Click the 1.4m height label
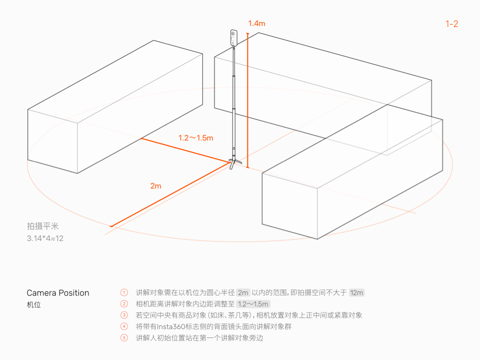[256, 23]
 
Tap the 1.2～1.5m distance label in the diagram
[196, 138]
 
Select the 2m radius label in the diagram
[156, 186]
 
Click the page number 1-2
[452, 24]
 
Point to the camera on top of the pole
[233, 37]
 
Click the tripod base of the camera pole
[234, 162]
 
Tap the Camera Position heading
[58, 293]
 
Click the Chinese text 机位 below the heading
[33, 305]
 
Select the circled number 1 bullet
[124, 292]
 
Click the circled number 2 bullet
[124, 304]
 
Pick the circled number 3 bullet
[124, 315]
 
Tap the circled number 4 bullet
[124, 326]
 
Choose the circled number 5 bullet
[124, 338]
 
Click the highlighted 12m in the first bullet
[356, 292]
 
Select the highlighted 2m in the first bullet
[243, 292]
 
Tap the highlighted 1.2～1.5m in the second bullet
[253, 304]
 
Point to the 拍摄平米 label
[42, 226]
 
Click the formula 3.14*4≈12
[45, 238]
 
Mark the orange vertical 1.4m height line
[247, 100]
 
